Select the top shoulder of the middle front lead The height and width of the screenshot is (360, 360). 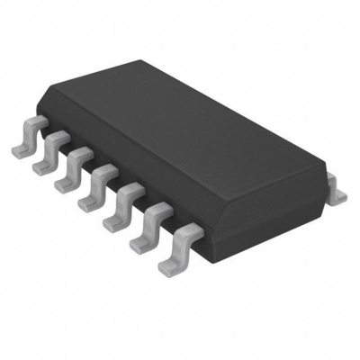103,168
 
